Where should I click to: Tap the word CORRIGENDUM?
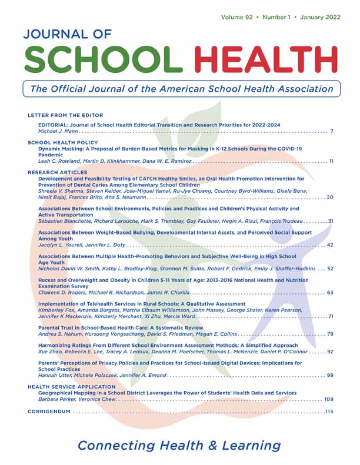(49, 412)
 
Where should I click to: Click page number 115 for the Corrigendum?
(328, 412)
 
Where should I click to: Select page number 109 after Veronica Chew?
(328, 399)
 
